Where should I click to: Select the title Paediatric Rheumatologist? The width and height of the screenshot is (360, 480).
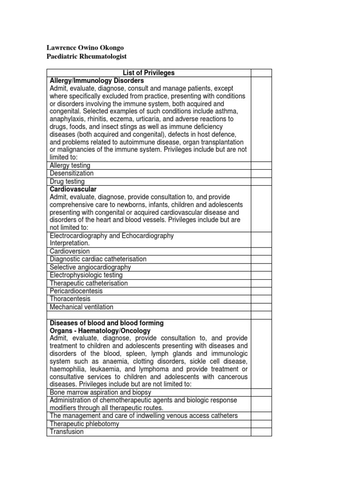click(x=87, y=57)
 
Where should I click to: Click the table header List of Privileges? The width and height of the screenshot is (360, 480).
click(x=148, y=73)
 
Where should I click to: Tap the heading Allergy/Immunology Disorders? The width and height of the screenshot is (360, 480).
click(x=96, y=80)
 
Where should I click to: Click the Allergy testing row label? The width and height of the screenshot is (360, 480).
click(x=70, y=165)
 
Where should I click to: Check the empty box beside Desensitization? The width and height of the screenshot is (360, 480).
click(x=261, y=173)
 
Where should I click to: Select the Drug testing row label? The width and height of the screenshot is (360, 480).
click(x=67, y=181)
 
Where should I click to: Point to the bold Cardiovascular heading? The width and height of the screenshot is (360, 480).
click(x=73, y=189)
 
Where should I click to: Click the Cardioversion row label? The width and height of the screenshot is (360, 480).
click(x=69, y=251)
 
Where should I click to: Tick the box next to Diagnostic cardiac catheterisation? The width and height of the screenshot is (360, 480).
click(x=261, y=259)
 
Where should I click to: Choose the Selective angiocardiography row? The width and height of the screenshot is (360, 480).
click(x=90, y=267)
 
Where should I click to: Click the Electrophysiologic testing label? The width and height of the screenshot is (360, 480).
click(x=86, y=275)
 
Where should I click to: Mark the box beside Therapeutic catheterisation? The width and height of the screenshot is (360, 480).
click(x=261, y=283)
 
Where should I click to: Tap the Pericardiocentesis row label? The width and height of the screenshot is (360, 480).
click(x=75, y=291)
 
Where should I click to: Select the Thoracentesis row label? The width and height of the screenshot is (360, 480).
click(x=70, y=299)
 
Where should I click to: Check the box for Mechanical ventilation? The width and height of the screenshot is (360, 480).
click(x=261, y=307)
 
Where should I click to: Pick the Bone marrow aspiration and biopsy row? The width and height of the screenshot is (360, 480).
click(x=94, y=392)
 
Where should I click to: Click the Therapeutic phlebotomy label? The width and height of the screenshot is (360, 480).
click(x=84, y=424)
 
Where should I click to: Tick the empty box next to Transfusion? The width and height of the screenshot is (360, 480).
click(x=261, y=432)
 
